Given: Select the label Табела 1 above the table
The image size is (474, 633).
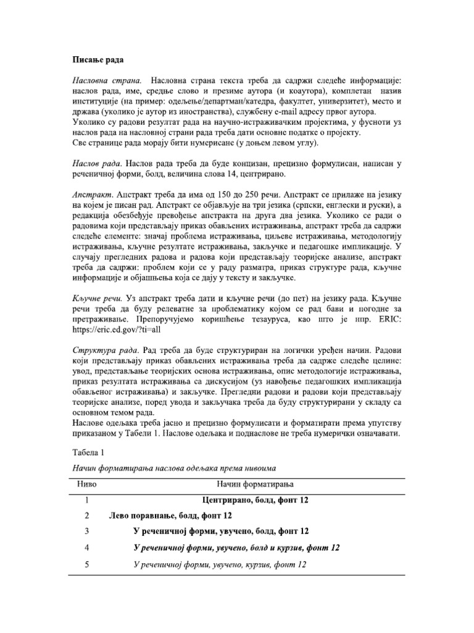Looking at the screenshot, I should click(89, 451).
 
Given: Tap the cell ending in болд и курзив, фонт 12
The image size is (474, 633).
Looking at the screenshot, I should click(236, 548).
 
